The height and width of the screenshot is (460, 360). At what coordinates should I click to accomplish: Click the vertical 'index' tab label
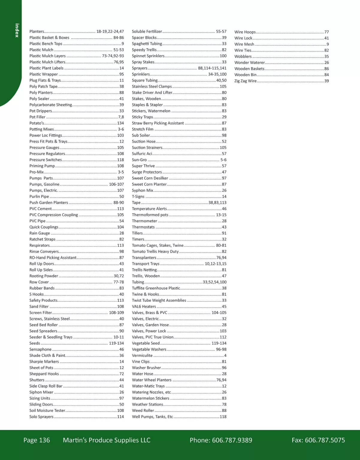pyautogui.click(x=17, y=30)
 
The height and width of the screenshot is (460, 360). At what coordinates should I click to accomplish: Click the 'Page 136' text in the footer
pyautogui.click(x=37, y=440)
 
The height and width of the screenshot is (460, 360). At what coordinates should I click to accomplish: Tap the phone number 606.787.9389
pyautogui.click(x=232, y=440)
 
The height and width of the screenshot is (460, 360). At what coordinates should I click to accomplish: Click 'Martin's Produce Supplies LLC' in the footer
pyautogui.click(x=107, y=440)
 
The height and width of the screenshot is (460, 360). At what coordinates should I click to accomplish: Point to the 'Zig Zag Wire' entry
pyautogui.click(x=245, y=81)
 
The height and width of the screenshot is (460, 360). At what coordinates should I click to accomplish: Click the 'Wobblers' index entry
pyautogui.click(x=243, y=56)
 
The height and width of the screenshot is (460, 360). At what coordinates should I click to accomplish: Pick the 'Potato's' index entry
pyautogui.click(x=37, y=123)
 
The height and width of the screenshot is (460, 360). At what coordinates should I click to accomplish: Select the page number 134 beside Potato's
pyautogui.click(x=120, y=123)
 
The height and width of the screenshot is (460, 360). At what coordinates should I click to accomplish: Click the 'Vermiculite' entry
pyautogui.click(x=142, y=355)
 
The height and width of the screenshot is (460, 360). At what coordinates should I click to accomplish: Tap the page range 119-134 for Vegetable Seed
pyautogui.click(x=219, y=343)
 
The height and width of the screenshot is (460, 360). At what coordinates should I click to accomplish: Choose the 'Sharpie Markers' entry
pyautogui.click(x=44, y=361)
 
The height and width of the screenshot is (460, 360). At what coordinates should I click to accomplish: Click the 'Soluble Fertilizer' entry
pyautogui.click(x=147, y=31)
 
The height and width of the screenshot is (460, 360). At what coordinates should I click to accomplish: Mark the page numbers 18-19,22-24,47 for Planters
pyautogui.click(x=110, y=31)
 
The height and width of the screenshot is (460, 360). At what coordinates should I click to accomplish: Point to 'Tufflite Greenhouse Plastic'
pyautogui.click(x=156, y=288)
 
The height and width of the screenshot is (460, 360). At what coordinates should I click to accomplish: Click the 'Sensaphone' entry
pyautogui.click(x=40, y=349)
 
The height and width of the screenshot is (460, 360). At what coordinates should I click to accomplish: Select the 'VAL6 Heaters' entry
pyautogui.click(x=144, y=306)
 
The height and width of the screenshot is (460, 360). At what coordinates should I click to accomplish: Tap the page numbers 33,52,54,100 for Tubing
pyautogui.click(x=214, y=282)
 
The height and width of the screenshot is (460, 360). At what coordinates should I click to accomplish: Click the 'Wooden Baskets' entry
pyautogui.click(x=249, y=69)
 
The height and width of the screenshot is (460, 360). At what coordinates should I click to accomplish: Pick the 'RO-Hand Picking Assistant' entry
pyautogui.click(x=53, y=258)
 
